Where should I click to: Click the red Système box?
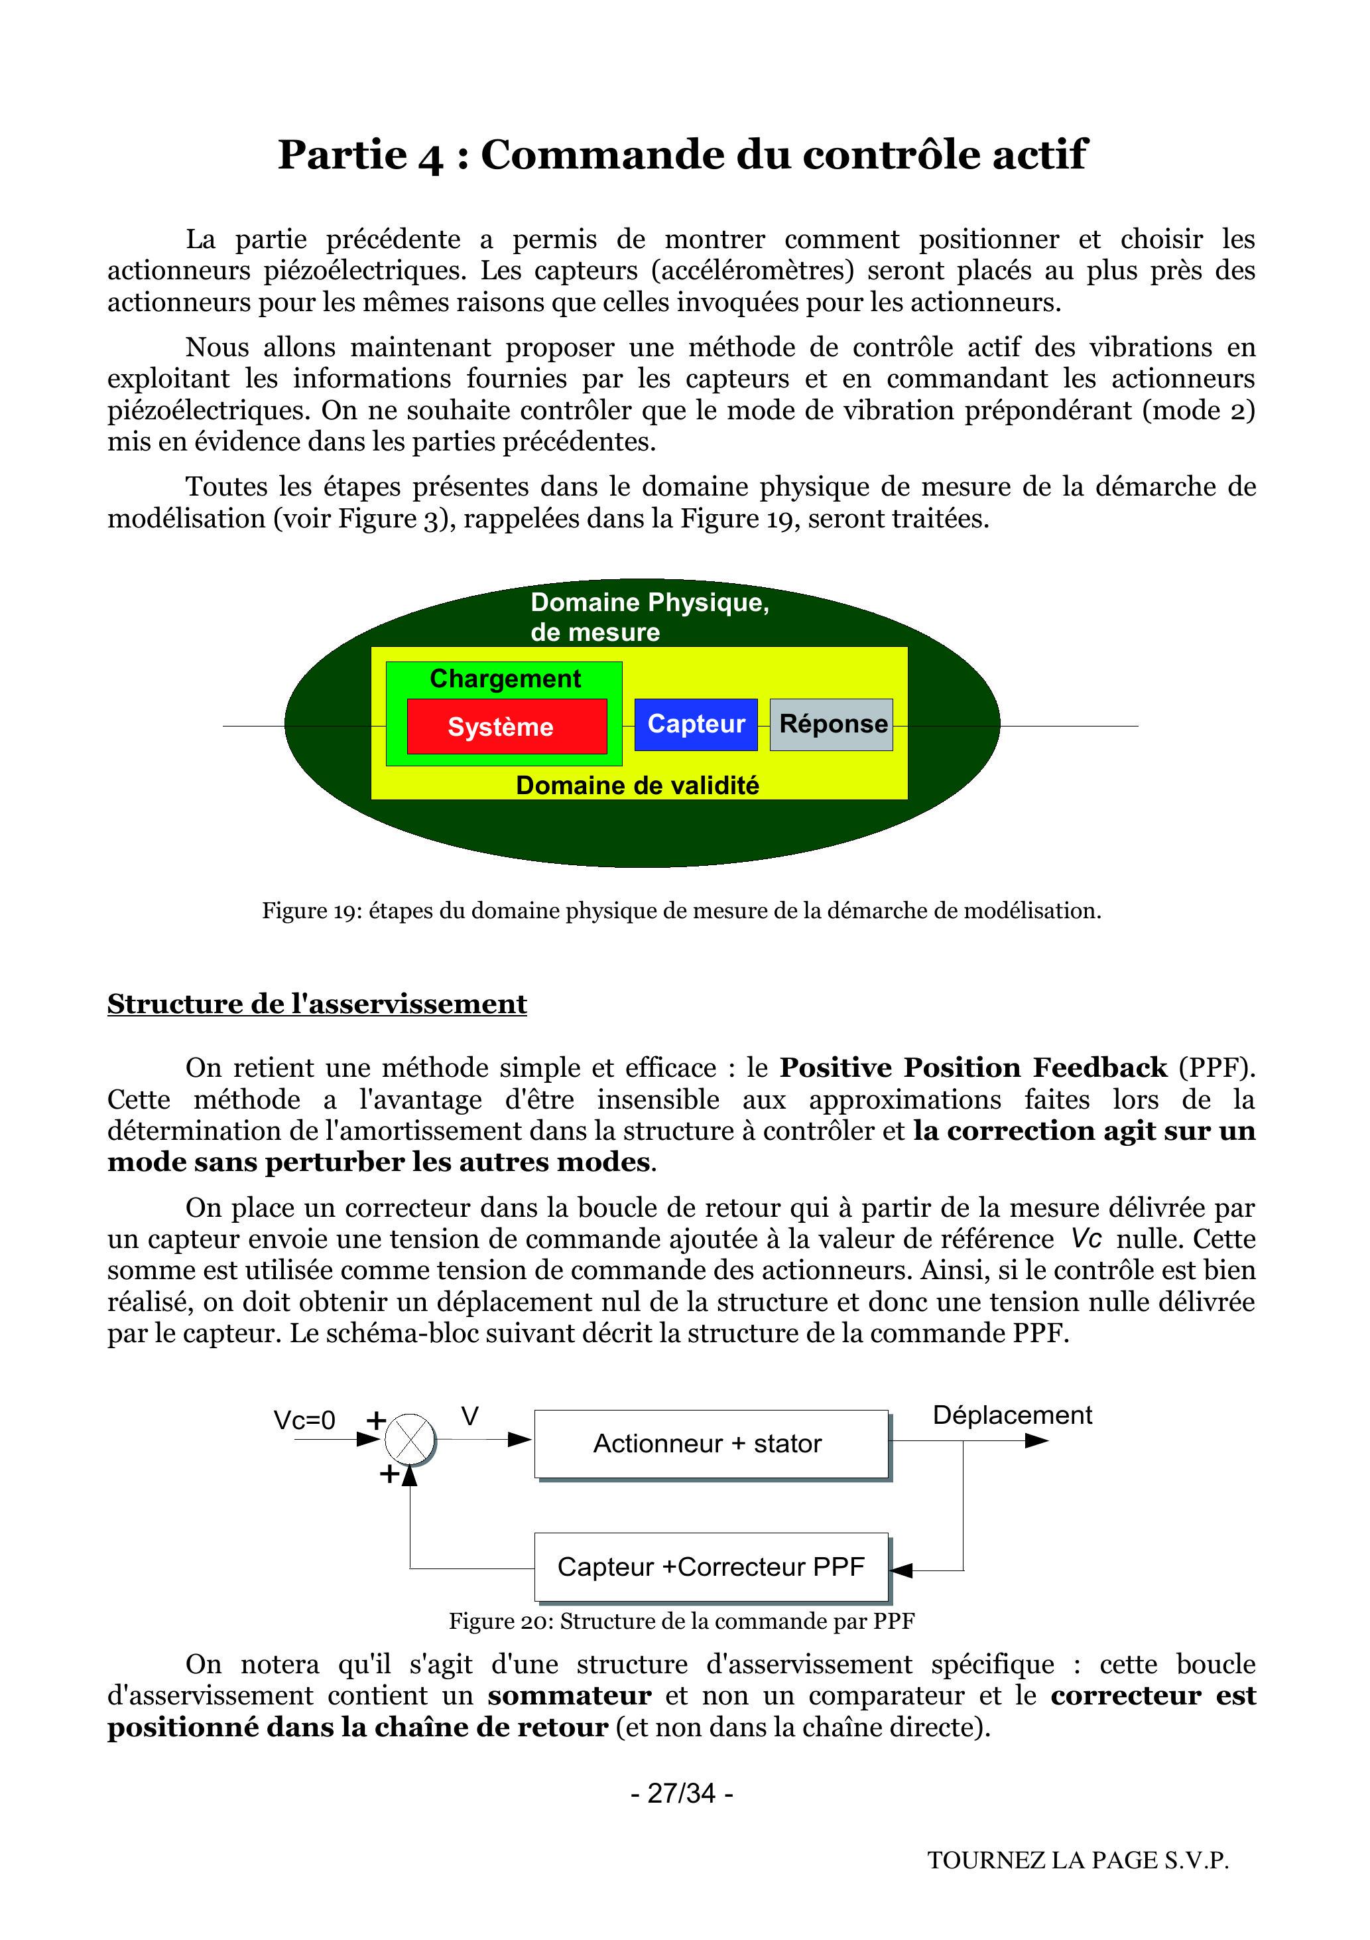[507, 727]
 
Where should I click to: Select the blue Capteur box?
[696, 724]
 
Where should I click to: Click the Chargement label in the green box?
[505, 679]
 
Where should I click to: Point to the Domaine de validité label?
[638, 785]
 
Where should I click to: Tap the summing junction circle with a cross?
[410, 1439]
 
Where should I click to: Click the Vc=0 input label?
[304, 1420]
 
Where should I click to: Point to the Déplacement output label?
[1012, 1415]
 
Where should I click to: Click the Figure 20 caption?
[682, 1621]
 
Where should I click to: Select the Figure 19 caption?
[682, 911]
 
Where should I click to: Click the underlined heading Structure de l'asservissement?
[317, 1004]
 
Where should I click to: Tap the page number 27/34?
[682, 1793]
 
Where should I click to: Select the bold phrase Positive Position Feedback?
[973, 1068]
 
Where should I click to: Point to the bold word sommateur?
[569, 1696]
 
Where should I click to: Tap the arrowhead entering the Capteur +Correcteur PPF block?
[901, 1570]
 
